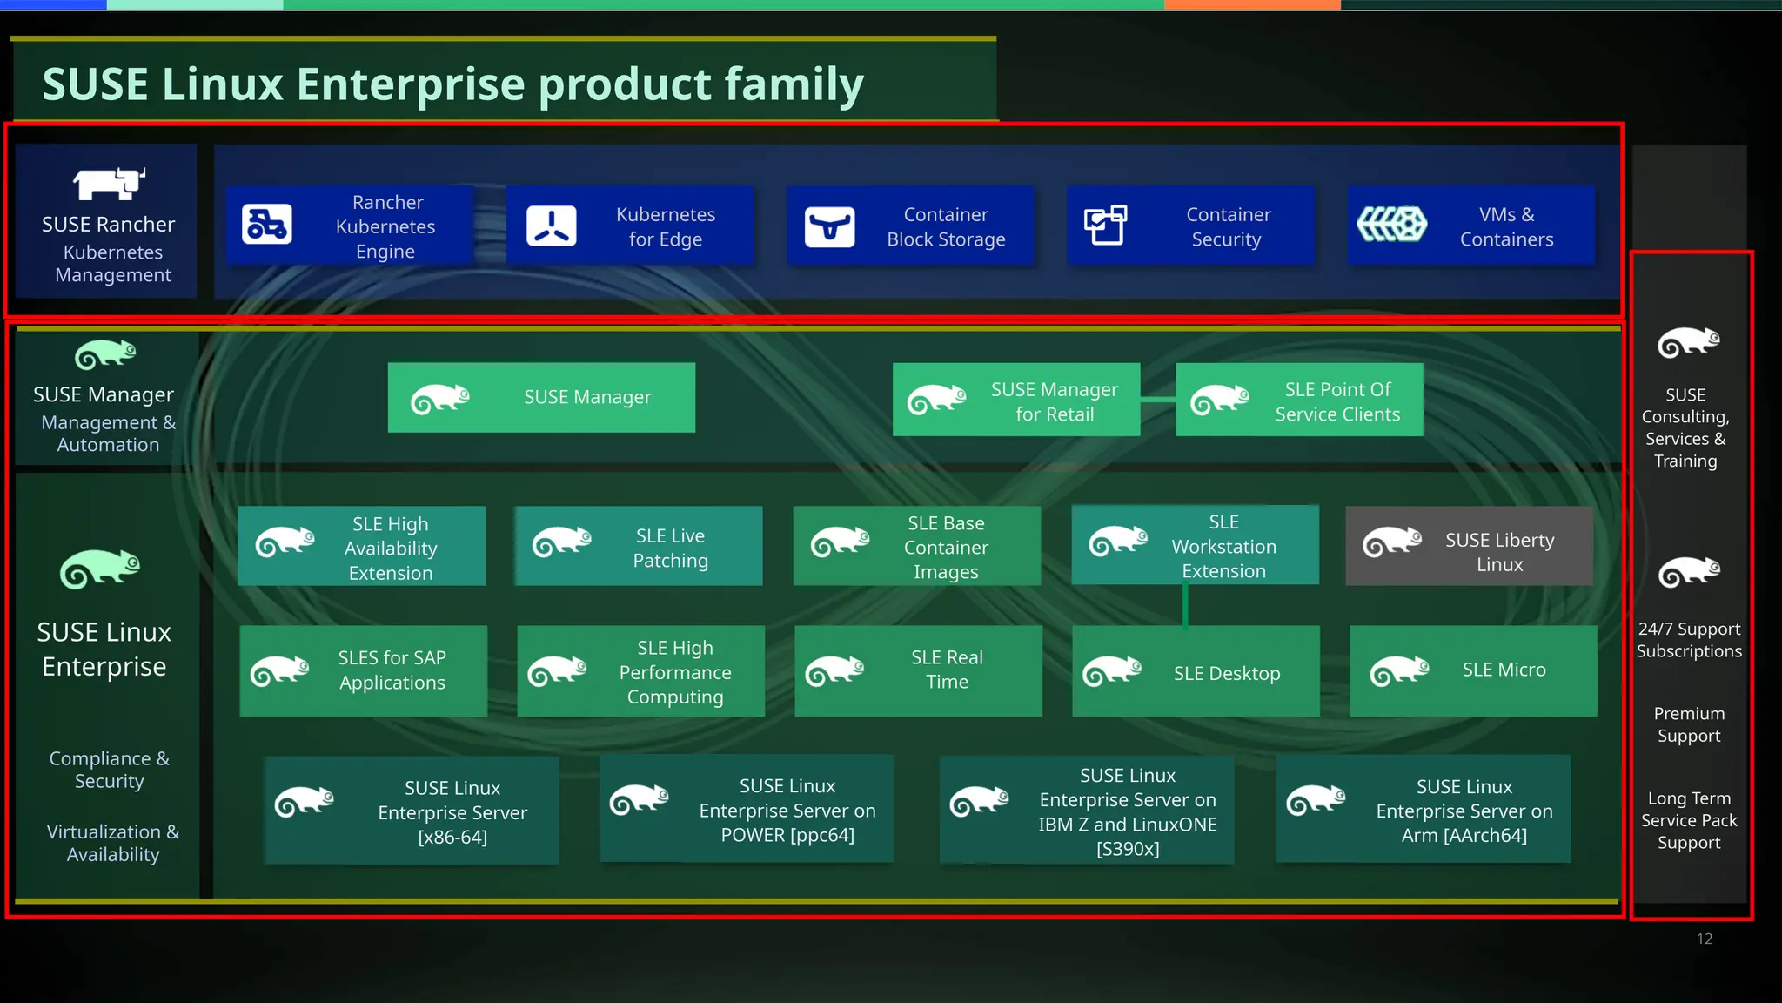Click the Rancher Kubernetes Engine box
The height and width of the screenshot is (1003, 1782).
click(x=350, y=226)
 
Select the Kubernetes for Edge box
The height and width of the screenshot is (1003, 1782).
click(x=630, y=226)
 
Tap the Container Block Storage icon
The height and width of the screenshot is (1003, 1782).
click(x=829, y=227)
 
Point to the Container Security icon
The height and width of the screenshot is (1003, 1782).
click(x=1105, y=226)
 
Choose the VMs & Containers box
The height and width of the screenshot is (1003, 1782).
click(x=1470, y=226)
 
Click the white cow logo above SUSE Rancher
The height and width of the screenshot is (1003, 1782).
click(x=109, y=184)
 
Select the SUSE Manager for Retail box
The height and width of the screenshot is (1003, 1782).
click(x=1016, y=401)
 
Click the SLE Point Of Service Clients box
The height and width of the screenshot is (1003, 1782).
click(x=1299, y=401)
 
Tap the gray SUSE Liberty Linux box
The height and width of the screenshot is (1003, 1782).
click(x=1469, y=547)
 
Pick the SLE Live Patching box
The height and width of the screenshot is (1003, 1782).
click(x=639, y=547)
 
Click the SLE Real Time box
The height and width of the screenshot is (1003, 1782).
click(x=918, y=670)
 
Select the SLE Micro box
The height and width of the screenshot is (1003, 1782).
click(x=1473, y=670)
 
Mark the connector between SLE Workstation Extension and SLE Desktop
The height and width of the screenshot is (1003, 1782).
click(x=1185, y=605)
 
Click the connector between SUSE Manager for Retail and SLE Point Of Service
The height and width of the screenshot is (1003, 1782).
click(x=1157, y=400)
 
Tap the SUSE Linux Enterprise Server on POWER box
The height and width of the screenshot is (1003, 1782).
click(x=747, y=810)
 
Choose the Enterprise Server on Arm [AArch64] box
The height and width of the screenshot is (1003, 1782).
click(x=1424, y=810)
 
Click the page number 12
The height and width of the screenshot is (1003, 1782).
click(x=1704, y=939)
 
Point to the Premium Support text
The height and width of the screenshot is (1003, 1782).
click(x=1689, y=724)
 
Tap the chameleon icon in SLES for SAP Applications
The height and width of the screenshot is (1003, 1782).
click(x=279, y=671)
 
